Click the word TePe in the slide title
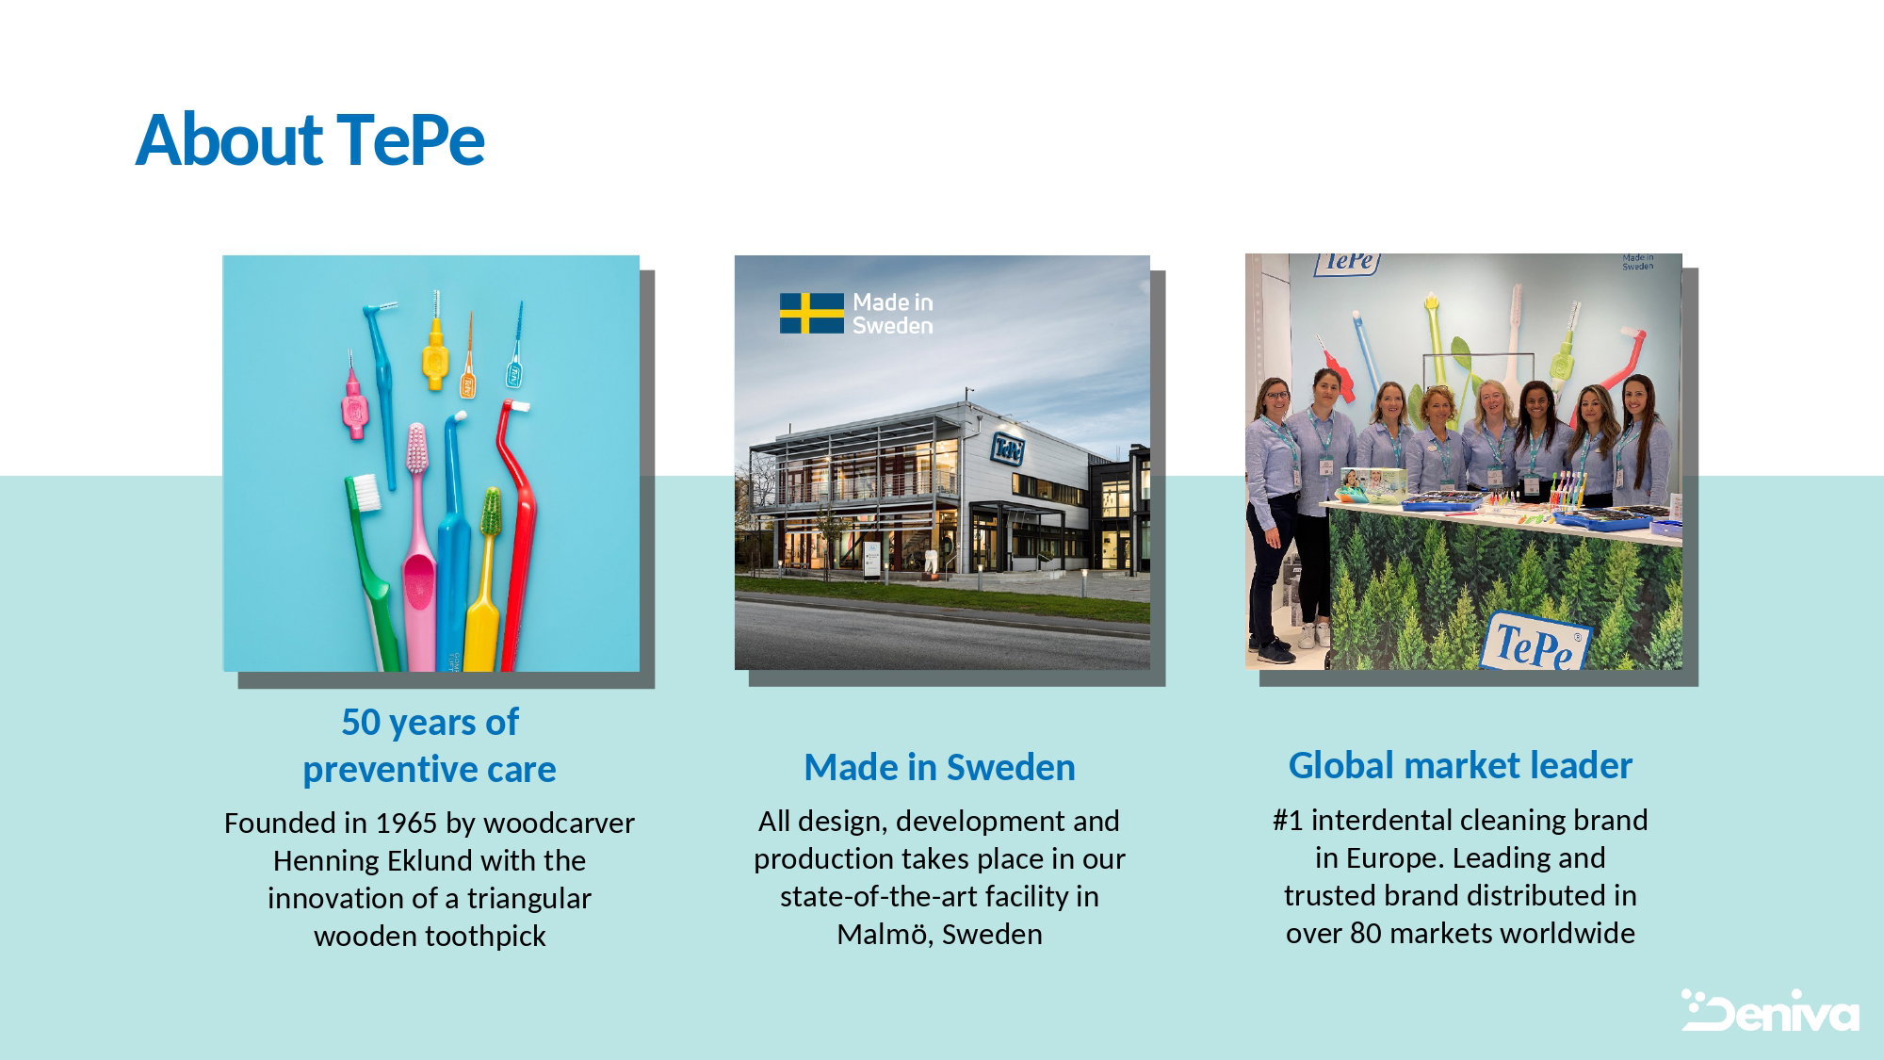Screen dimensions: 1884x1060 click(411, 139)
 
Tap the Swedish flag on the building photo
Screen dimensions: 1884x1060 click(811, 313)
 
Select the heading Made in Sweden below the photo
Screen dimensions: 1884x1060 click(939, 767)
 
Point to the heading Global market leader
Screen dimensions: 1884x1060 click(1460, 765)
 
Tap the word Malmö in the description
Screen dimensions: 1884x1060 click(882, 934)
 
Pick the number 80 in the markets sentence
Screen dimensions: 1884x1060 click(1365, 933)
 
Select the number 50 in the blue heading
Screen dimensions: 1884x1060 click(361, 723)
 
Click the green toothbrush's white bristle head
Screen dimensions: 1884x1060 click(364, 491)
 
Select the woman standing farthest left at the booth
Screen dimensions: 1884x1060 click(1272, 518)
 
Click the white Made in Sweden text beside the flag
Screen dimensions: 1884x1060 click(893, 314)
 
